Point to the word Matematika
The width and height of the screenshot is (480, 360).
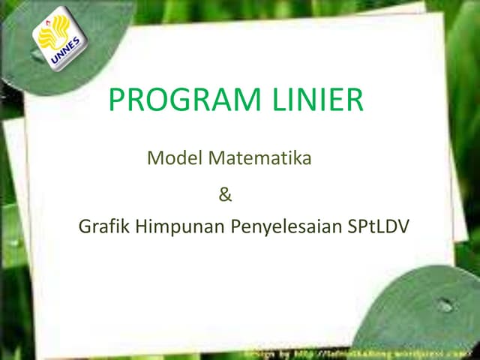(x=259, y=158)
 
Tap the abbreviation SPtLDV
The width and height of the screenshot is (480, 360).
(x=379, y=226)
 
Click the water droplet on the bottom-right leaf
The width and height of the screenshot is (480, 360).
(x=445, y=305)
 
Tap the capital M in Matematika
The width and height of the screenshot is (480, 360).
(x=214, y=158)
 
